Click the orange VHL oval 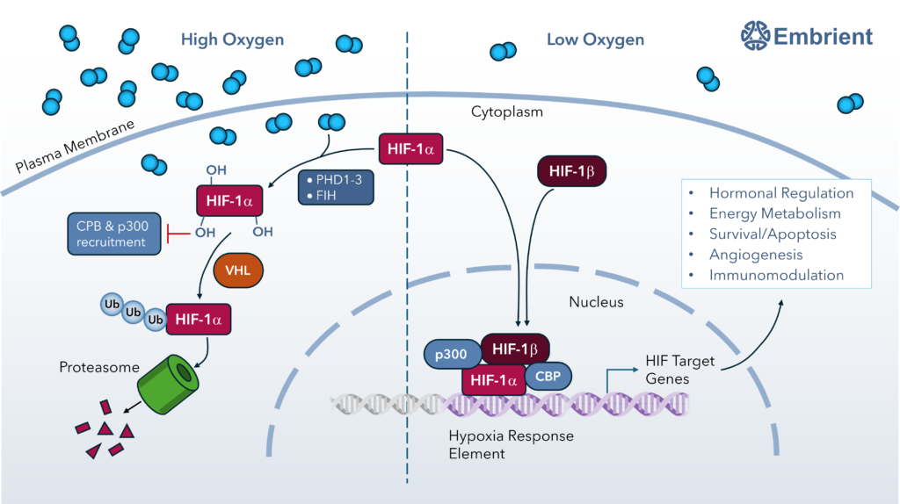tap(238, 270)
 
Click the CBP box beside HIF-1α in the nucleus tap(548, 376)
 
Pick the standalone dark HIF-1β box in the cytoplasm tap(572, 171)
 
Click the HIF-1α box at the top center tap(411, 149)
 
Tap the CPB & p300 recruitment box tap(111, 234)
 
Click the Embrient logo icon tap(756, 36)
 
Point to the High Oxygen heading tap(232, 40)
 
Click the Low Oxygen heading tap(595, 40)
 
